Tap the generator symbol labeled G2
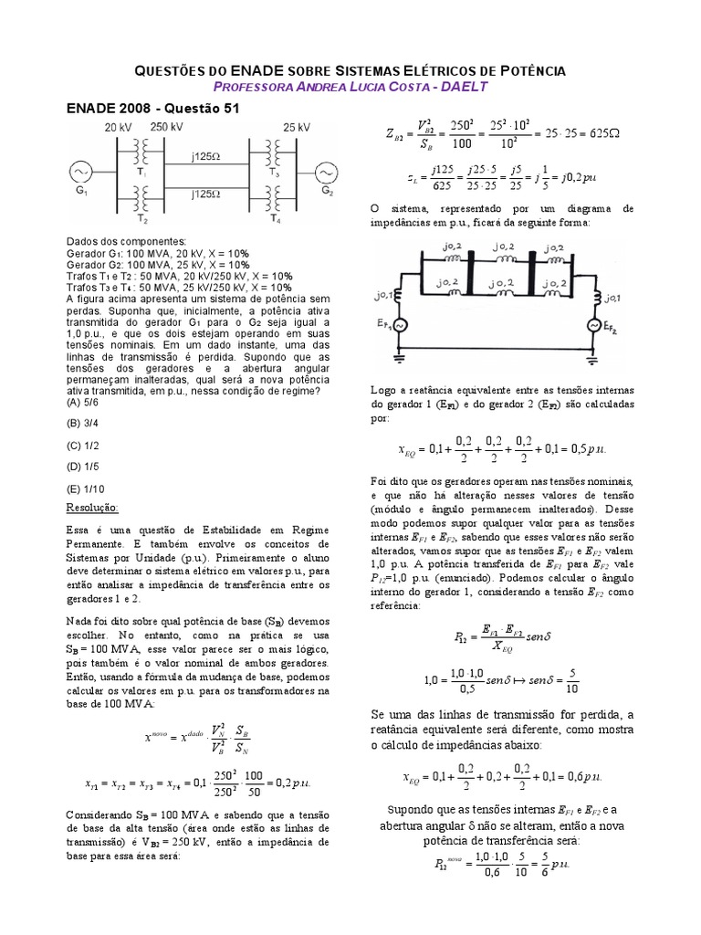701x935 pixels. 326,173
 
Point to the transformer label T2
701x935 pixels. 140,220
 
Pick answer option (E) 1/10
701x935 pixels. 87,489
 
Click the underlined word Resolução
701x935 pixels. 93,507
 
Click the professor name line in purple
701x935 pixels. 350,86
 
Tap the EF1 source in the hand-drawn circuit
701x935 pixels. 397,325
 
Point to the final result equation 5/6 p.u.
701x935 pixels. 504,862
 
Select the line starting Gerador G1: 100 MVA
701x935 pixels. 157,253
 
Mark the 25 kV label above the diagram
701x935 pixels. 298,126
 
